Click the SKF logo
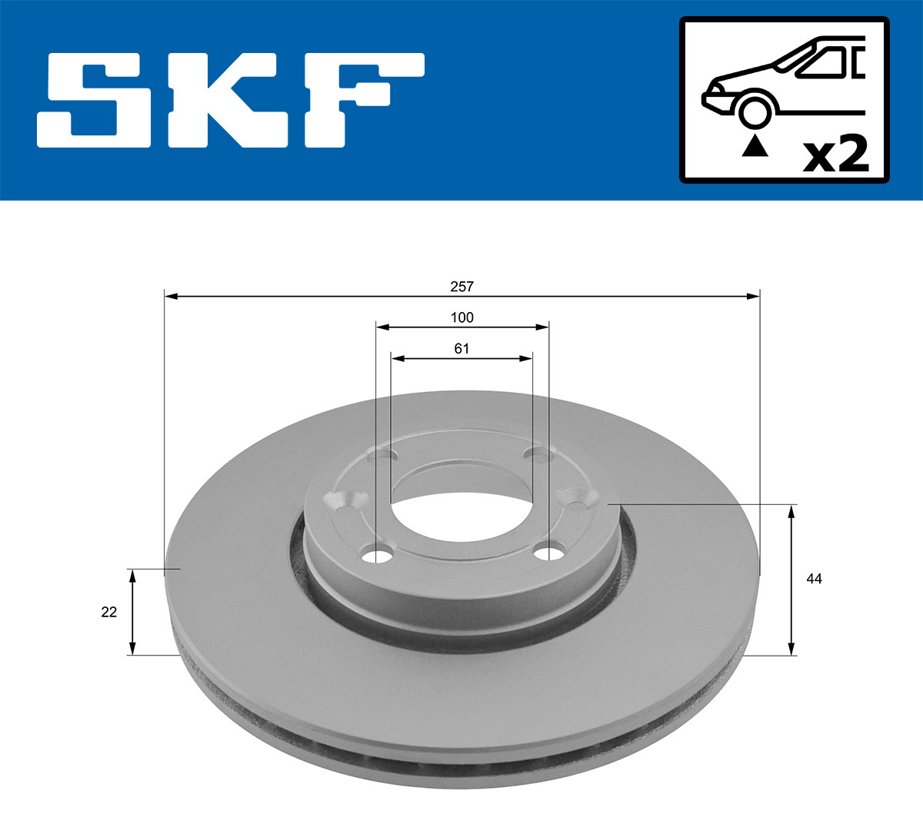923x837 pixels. click(231, 100)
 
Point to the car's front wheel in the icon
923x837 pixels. click(754, 110)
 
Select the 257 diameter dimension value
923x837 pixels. click(461, 287)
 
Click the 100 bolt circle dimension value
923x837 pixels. click(461, 317)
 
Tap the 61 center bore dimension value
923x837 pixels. click(461, 348)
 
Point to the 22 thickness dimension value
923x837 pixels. click(109, 612)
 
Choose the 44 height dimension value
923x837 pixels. click(814, 579)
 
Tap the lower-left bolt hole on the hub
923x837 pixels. click(378, 554)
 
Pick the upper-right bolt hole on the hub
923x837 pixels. click(538, 454)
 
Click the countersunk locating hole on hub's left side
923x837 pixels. click(343, 500)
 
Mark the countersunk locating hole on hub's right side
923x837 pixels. click(578, 498)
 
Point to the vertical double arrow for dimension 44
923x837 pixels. click(791, 580)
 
